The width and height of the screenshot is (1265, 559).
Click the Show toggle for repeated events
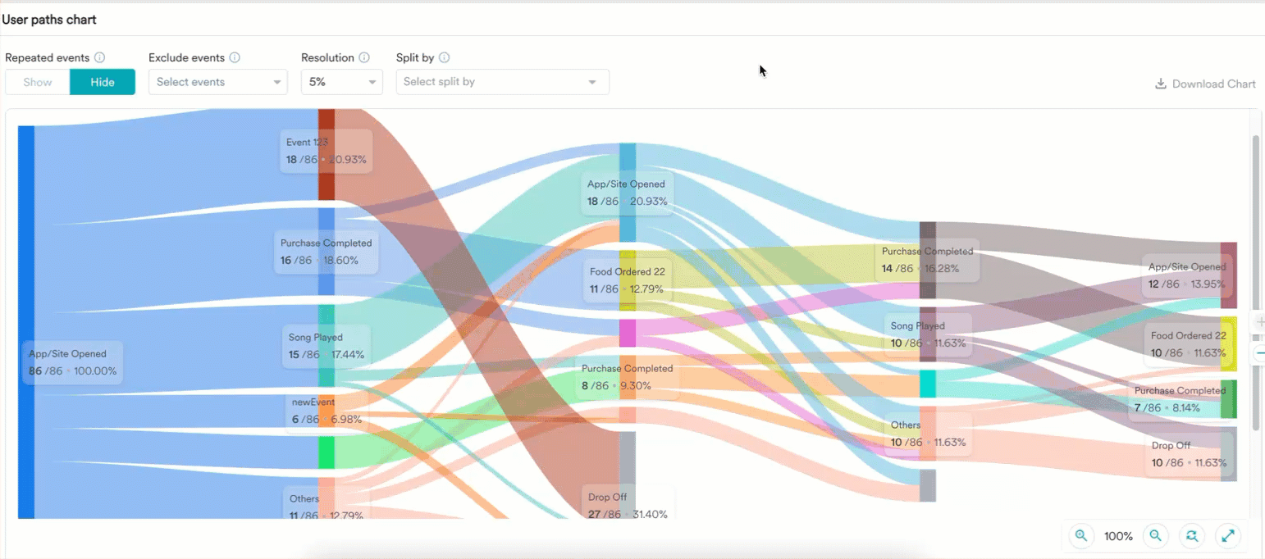[x=38, y=82]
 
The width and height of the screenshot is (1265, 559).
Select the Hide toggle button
[x=103, y=82]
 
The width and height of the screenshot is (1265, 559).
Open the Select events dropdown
[x=217, y=82]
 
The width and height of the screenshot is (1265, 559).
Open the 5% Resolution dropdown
[x=341, y=82]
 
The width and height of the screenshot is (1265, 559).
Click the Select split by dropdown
[x=502, y=82]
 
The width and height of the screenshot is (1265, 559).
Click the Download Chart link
[x=1205, y=84]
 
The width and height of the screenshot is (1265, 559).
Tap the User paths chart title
[x=48, y=19]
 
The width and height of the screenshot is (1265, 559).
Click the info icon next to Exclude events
[x=235, y=58]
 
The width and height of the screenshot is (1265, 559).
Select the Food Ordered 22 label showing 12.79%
[x=626, y=279]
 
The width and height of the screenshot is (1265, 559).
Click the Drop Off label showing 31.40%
[x=628, y=506]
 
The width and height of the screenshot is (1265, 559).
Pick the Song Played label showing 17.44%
[x=326, y=346]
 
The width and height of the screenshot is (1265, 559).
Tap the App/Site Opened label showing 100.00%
[x=73, y=362]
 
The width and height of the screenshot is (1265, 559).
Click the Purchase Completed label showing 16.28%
[x=927, y=260]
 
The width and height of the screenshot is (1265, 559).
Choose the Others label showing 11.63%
[x=928, y=434]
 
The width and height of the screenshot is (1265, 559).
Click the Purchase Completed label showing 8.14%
[x=1180, y=399]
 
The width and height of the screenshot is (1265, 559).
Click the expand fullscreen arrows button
[x=1228, y=536]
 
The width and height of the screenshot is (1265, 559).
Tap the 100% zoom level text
[x=1118, y=536]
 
